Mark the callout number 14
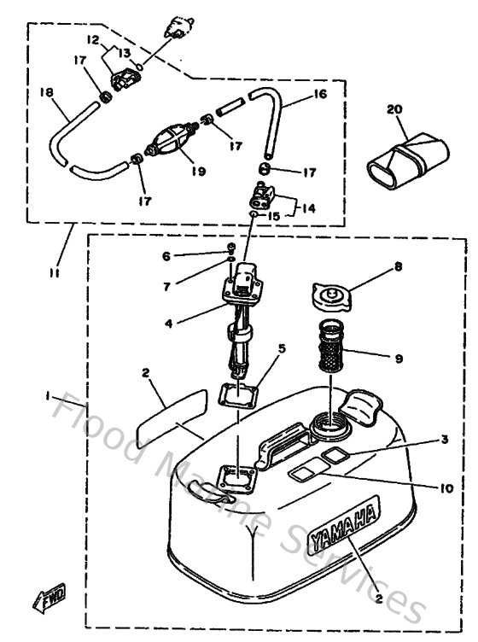tap(308, 207)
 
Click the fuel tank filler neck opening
tap(329, 420)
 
